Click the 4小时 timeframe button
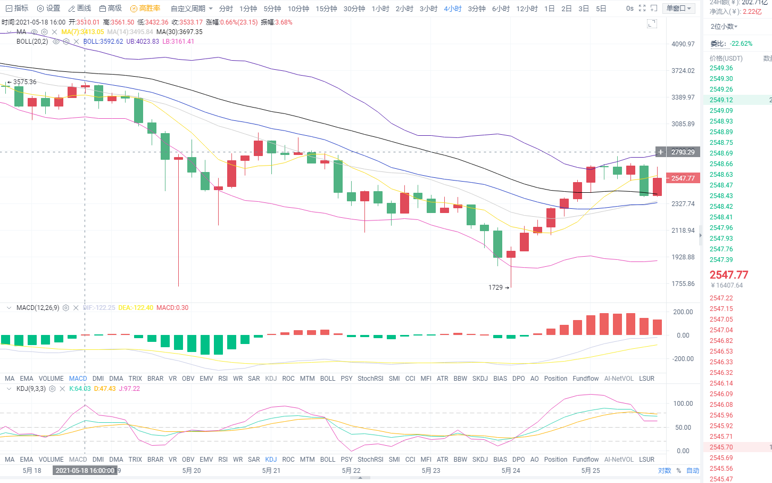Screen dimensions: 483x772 click(452, 9)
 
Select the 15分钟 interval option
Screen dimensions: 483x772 click(326, 9)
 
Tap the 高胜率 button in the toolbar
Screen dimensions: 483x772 click(145, 9)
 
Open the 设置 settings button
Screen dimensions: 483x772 click(48, 9)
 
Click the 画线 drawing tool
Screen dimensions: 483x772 click(80, 9)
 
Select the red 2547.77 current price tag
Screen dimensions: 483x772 click(683, 178)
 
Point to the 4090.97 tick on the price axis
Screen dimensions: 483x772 click(683, 44)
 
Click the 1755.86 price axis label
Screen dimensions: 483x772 click(683, 284)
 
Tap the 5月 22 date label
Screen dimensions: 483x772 click(351, 471)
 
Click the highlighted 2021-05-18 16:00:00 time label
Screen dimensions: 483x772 click(85, 471)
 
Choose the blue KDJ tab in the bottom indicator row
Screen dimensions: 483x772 click(271, 460)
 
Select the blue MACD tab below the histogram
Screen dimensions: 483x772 click(78, 379)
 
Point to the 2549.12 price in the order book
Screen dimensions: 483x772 click(721, 100)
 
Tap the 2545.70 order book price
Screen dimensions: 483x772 click(721, 447)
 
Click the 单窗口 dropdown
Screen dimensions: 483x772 click(679, 9)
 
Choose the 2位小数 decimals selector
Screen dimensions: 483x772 click(724, 27)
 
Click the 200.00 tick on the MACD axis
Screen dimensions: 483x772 click(683, 312)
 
